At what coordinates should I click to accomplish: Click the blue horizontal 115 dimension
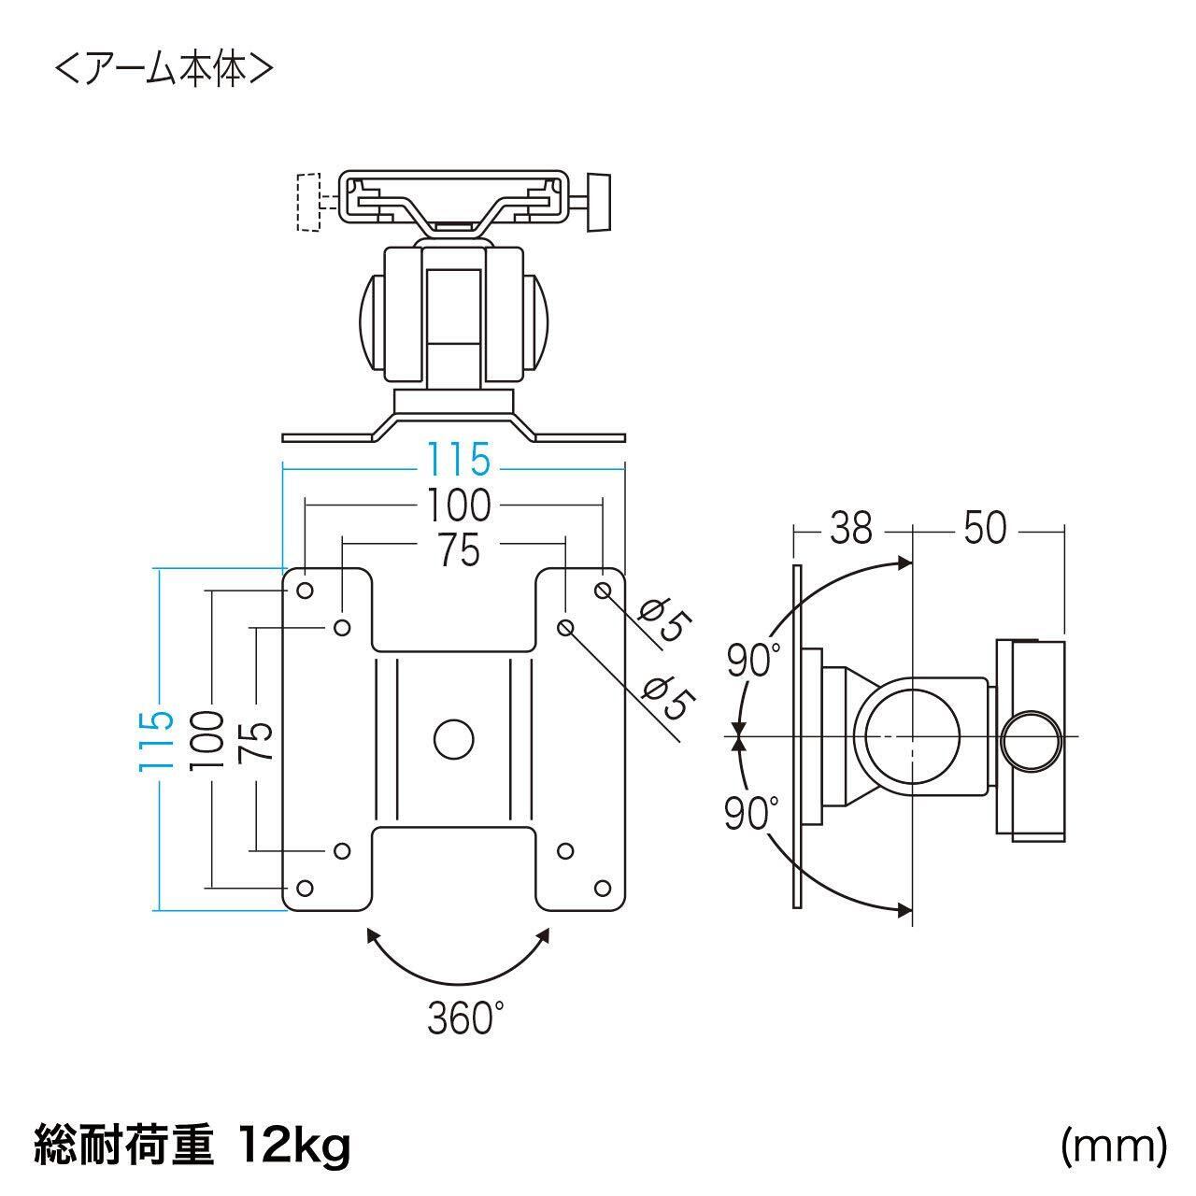tap(458, 460)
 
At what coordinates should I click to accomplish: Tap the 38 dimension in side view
tap(851, 528)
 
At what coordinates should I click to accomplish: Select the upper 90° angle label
tap(753, 660)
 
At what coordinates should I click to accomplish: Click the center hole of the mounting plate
tap(454, 739)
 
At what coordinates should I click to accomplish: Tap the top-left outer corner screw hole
tap(305, 591)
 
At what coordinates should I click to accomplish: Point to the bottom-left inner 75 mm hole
tap(342, 850)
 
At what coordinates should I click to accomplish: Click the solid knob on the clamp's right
tap(599, 203)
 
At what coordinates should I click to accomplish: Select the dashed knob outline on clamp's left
tap(308, 203)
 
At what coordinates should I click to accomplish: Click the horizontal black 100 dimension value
tap(459, 505)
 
